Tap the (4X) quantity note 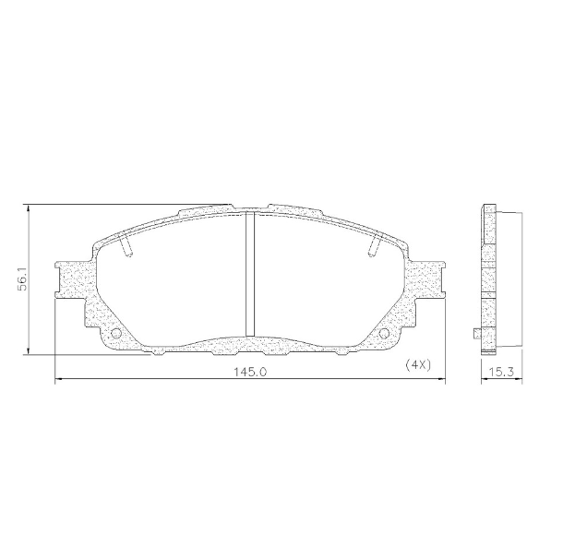coord(418,363)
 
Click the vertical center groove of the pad coord(249,276)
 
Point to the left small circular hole coord(116,334)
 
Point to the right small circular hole coord(385,334)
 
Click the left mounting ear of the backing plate coord(72,278)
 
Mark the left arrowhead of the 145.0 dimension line coord(59,379)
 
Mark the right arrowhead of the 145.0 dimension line coord(441,379)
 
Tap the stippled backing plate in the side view coord(486,277)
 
